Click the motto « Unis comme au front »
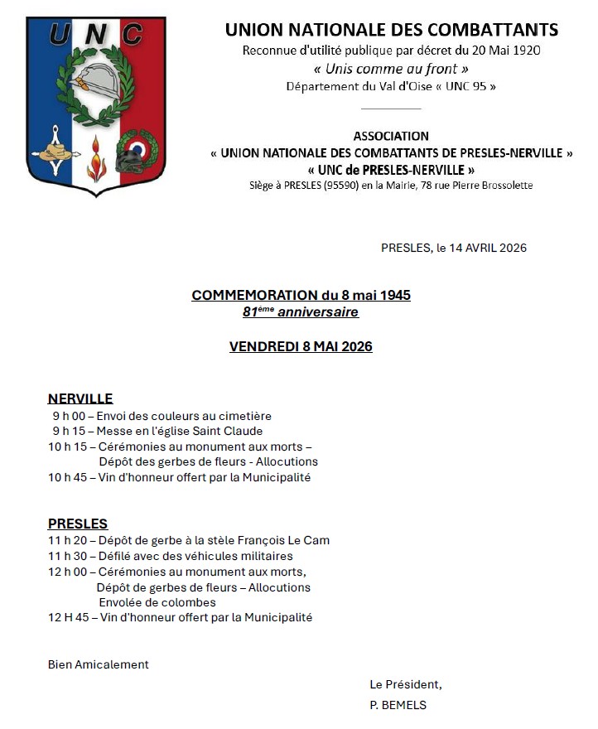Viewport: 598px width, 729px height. (391, 69)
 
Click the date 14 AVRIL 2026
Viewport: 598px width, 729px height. (488, 248)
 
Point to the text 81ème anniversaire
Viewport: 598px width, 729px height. (301, 312)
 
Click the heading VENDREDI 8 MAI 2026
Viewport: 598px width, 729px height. (301, 346)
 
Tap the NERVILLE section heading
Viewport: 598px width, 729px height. (80, 398)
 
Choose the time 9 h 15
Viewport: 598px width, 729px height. (68, 431)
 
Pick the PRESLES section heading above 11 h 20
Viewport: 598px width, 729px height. (78, 524)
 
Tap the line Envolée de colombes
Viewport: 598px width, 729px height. (157, 602)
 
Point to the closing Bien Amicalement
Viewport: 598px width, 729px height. (99, 664)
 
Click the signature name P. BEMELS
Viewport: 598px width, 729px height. (398, 705)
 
